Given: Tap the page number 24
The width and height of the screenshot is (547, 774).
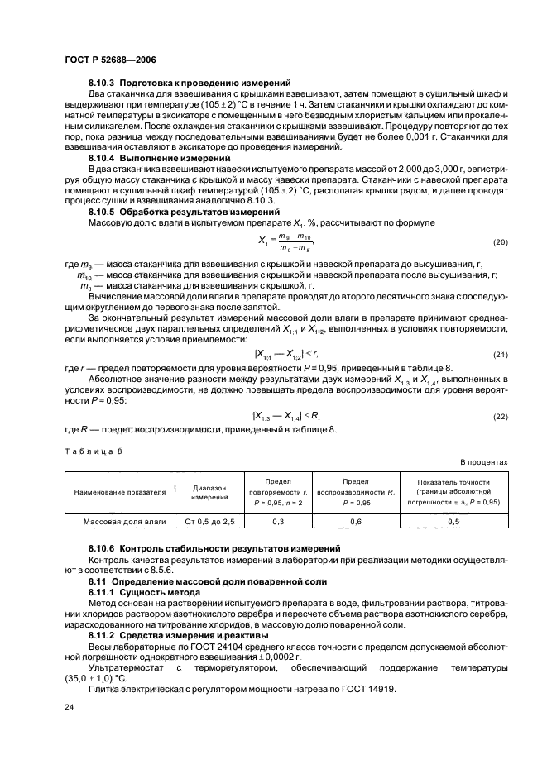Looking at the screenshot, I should pos(70,708).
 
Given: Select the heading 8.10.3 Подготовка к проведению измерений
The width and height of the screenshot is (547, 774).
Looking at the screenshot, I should pos(189,84).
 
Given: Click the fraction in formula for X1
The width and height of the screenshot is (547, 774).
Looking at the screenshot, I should pos(295,241).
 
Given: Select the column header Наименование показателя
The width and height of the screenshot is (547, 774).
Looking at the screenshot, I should pos(120,491).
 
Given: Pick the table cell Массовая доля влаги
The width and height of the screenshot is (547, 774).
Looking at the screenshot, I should pos(120,522).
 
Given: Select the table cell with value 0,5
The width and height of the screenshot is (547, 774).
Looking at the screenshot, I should pos(453,522).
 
